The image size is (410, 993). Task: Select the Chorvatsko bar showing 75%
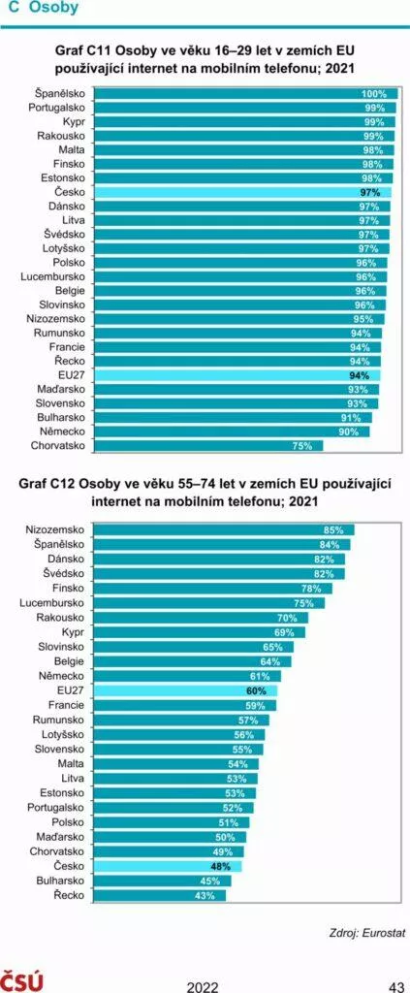(x=208, y=446)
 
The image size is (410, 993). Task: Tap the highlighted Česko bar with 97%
(x=242, y=192)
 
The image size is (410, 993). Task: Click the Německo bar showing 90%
(x=232, y=432)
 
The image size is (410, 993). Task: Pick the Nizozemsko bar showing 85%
(x=224, y=529)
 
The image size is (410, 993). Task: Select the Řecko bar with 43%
(x=159, y=895)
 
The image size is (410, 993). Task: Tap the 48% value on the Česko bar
(x=220, y=866)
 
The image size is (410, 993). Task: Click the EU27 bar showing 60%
(x=186, y=690)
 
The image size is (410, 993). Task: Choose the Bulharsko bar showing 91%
(x=233, y=418)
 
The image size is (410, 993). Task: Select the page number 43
(x=396, y=986)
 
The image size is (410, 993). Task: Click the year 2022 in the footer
(x=203, y=986)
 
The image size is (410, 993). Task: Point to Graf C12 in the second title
(x=48, y=486)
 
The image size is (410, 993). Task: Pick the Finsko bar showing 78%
(x=213, y=589)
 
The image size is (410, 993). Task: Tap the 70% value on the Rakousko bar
(x=287, y=618)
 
